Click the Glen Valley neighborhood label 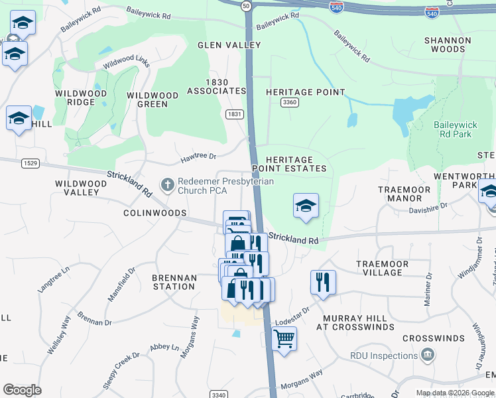[x=229, y=45]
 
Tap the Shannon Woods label [x=448, y=44]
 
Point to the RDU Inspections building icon [x=428, y=356]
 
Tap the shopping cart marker [x=284, y=340]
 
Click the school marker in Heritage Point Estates [x=306, y=206]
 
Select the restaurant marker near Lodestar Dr [x=323, y=282]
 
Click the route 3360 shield [x=289, y=102]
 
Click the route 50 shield [x=245, y=5]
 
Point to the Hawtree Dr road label [x=199, y=157]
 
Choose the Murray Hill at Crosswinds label [x=355, y=322]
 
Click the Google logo [x=22, y=390]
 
